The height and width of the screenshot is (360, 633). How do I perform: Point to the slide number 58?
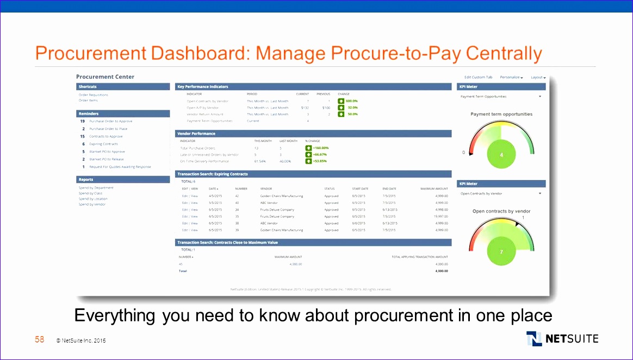tap(40, 339)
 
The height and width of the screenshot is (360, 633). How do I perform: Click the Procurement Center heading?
tap(105, 77)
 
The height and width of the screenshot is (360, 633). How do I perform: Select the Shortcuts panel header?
tap(123, 86)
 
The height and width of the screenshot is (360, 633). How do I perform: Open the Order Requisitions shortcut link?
tap(94, 95)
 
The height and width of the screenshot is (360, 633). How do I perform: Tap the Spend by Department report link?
tap(96, 188)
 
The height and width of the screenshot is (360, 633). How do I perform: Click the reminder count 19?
tap(82, 121)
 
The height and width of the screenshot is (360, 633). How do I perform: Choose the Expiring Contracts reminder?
tap(103, 144)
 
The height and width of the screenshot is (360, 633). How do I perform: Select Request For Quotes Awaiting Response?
tap(120, 166)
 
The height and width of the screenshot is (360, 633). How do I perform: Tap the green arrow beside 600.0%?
tap(341, 101)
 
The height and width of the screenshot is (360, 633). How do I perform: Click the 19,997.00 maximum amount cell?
tap(441, 216)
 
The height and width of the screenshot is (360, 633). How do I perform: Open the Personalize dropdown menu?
tap(511, 77)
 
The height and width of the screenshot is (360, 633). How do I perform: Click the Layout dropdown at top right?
tap(538, 77)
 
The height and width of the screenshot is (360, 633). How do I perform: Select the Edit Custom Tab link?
tap(478, 77)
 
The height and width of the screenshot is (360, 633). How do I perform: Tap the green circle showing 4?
tap(501, 154)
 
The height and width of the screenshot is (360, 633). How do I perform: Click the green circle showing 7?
tap(501, 252)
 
